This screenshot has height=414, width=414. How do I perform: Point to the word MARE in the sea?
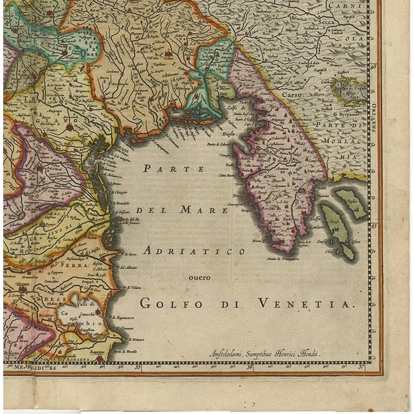[x=205, y=210]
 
